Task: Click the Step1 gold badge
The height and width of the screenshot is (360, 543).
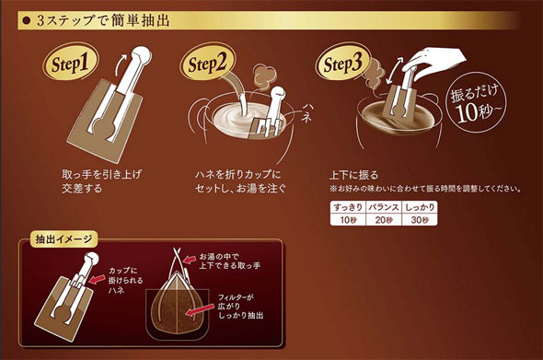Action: (70, 63)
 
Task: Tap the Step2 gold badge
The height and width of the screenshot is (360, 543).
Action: (207, 63)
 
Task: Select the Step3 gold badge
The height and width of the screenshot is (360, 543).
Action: (343, 63)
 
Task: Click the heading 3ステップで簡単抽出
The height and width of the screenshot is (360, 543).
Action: (103, 21)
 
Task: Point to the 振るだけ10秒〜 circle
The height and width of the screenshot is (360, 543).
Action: (476, 101)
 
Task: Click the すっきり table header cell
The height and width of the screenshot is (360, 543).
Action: (348, 207)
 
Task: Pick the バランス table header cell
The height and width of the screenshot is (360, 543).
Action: (384, 207)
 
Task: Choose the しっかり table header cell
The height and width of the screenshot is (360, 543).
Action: (420, 207)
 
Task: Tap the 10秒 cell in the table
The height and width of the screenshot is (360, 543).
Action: (348, 220)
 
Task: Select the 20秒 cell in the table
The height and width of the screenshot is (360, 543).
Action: (384, 220)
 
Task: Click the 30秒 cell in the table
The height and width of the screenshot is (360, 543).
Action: (420, 220)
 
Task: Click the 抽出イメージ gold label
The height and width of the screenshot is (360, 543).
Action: (64, 239)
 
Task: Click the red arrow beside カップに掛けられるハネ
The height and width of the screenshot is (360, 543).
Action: (98, 279)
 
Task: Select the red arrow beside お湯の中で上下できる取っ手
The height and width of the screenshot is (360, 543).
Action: (189, 260)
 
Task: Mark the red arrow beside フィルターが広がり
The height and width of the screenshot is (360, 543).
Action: (200, 309)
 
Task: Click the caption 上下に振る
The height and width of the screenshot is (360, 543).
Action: (353, 175)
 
